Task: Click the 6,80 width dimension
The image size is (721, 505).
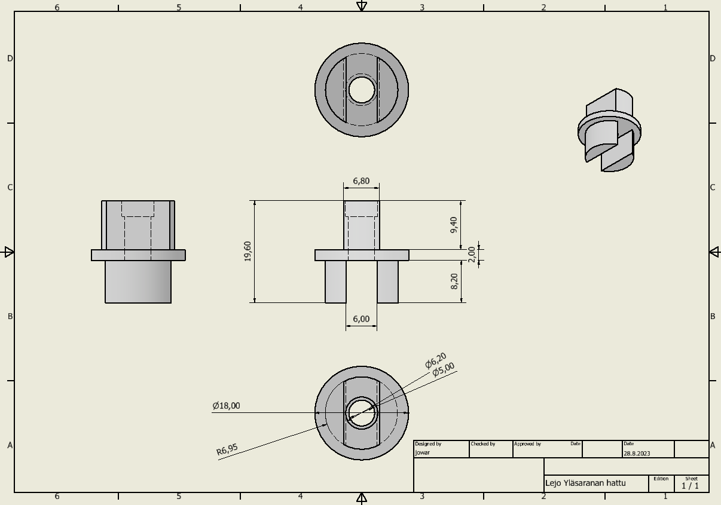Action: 361,181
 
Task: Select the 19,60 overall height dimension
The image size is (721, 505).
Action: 248,252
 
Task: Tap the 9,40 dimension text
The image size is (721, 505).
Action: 454,225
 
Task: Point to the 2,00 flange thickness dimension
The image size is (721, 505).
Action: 472,255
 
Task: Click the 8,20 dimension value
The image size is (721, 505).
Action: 454,281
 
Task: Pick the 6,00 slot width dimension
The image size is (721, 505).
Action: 361,319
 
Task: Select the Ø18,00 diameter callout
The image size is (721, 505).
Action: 226,406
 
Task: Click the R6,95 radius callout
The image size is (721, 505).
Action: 227,449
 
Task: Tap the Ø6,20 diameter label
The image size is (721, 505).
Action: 435,360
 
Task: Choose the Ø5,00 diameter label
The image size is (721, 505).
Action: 443,369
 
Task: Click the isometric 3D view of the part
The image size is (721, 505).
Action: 609,130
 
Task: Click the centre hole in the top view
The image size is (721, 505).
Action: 362,90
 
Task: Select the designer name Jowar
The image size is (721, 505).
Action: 422,452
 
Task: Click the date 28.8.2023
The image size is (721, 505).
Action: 637,454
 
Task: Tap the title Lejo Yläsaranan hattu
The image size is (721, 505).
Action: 585,483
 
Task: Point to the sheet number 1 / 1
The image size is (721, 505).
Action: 690,486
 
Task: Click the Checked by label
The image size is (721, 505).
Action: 483,444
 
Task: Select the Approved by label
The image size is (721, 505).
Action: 527,444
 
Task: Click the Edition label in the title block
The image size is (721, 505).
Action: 661,479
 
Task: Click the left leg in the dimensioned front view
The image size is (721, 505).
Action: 336,281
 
